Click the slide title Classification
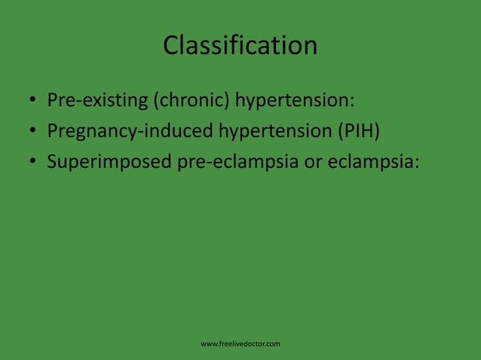point(240,45)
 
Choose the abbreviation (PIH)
point(358,131)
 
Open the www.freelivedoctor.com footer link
point(240,344)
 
